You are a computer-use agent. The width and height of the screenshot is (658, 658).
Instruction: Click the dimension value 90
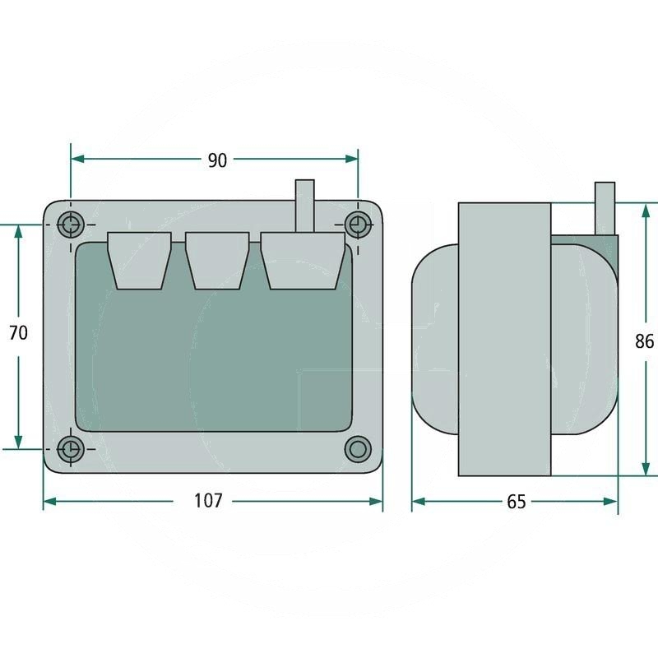[216, 160]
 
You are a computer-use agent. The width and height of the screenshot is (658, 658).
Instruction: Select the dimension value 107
[208, 500]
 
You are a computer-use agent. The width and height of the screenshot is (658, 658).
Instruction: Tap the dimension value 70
[18, 333]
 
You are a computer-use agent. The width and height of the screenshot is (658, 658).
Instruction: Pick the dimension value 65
[516, 502]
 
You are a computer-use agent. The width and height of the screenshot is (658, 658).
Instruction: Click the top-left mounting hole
[72, 223]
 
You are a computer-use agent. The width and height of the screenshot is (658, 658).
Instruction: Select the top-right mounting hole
[357, 223]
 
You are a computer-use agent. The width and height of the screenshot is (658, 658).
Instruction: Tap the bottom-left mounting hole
[72, 449]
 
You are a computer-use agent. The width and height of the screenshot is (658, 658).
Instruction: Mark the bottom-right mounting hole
[357, 449]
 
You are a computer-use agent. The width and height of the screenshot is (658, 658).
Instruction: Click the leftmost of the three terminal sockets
[140, 259]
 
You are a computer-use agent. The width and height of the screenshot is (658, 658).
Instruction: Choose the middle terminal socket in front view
[217, 259]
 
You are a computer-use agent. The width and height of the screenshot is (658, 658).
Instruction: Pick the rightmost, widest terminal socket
[303, 259]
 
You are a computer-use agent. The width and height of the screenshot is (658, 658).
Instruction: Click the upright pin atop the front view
[304, 205]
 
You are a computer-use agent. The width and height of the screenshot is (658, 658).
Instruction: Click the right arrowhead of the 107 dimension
[378, 502]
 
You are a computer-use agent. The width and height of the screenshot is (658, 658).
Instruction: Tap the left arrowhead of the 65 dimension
[418, 502]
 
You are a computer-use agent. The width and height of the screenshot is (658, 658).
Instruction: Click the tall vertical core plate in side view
[504, 339]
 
